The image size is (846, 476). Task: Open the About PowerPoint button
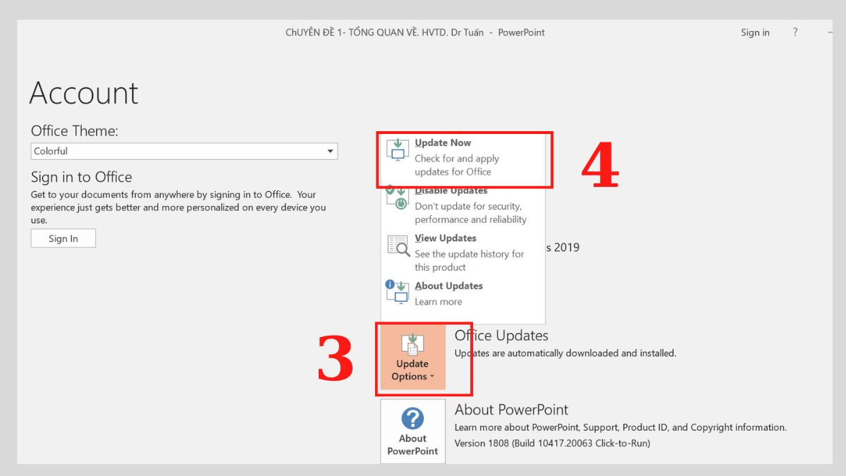[x=412, y=432]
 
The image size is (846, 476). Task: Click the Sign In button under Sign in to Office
[x=63, y=238]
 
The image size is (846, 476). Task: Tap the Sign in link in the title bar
[x=755, y=32]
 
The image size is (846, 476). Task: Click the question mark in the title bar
[x=795, y=32]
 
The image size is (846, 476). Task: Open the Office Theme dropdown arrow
[x=330, y=151]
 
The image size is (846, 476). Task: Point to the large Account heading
[x=84, y=93]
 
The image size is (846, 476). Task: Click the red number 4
[x=600, y=167]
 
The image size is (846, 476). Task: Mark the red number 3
[x=335, y=358]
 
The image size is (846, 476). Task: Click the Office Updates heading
[x=501, y=336]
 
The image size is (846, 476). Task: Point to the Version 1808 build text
[x=552, y=444]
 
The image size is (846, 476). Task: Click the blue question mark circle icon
[x=412, y=419]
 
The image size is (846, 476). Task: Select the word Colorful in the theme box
[x=51, y=151]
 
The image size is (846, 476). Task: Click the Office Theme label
[x=75, y=131]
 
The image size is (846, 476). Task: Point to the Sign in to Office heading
[x=81, y=177]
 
